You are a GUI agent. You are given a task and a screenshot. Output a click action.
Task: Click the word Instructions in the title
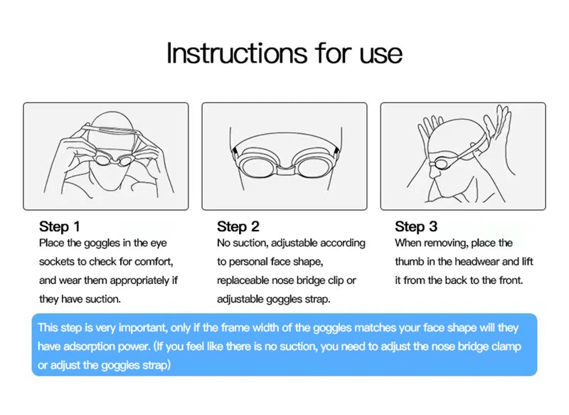(x=237, y=53)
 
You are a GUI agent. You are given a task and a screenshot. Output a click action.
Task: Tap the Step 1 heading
(x=59, y=226)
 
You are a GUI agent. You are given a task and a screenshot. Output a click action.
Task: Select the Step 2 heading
(x=238, y=226)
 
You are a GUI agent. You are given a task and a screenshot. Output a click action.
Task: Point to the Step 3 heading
(x=416, y=226)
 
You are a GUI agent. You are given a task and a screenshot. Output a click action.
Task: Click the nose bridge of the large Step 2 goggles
(x=284, y=168)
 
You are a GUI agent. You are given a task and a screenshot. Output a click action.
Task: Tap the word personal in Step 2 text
(x=248, y=262)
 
